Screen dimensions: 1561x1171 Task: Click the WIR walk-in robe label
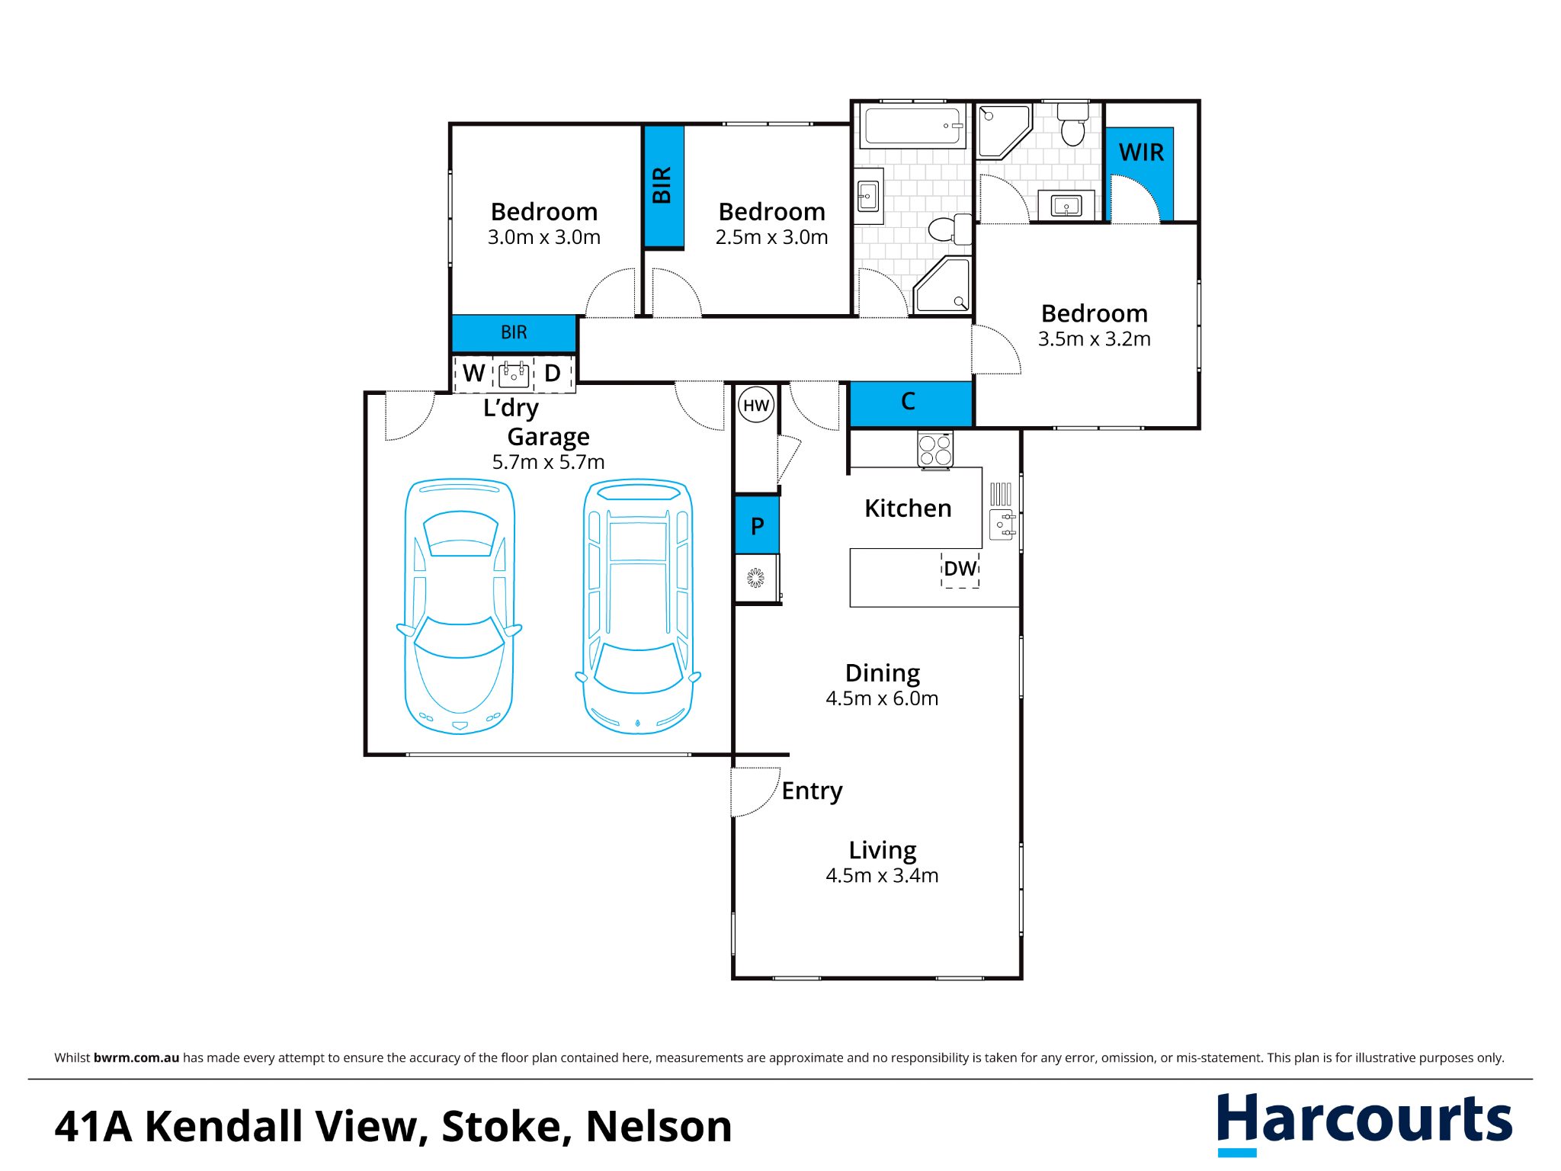(1141, 152)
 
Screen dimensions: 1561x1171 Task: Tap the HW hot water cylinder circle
(756, 406)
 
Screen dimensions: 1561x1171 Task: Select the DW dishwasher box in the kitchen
(960, 569)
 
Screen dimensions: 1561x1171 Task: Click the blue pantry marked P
(757, 525)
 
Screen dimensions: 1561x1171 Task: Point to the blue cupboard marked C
(911, 403)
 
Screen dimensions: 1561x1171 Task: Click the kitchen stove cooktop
(935, 449)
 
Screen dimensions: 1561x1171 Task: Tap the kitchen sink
(1002, 525)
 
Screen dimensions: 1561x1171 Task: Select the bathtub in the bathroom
(913, 125)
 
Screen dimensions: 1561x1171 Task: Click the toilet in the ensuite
(1073, 124)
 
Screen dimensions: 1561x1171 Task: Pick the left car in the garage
(460, 606)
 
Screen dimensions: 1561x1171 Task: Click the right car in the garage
(638, 606)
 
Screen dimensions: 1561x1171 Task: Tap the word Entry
(812, 791)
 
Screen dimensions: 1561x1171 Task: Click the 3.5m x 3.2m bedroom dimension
(1094, 339)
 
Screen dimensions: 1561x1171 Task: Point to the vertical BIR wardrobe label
(662, 185)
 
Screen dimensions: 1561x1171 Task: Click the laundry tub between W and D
(514, 374)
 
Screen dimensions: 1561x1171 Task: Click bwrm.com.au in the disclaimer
(136, 1057)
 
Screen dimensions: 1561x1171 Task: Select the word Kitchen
(908, 509)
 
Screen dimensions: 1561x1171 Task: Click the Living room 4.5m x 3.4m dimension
(882, 875)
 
